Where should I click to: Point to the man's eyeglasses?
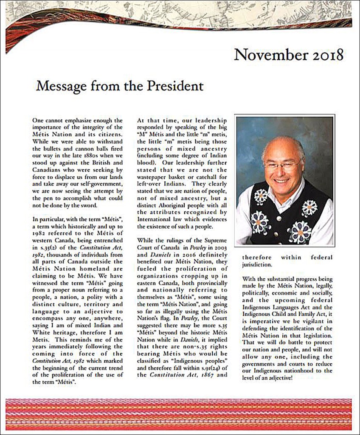281,164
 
